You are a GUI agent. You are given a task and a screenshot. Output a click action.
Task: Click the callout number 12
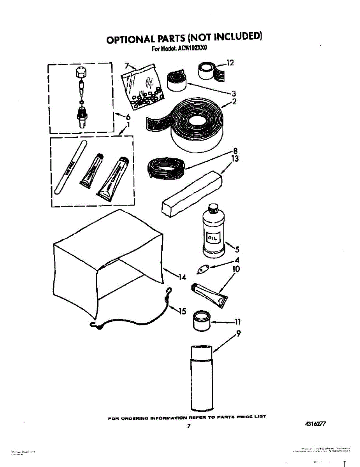pos(230,62)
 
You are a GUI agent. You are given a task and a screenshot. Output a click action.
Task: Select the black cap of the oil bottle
pos(213,209)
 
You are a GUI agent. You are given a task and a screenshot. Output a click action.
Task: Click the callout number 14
pos(182,277)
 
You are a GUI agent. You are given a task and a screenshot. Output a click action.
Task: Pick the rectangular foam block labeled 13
pos(192,193)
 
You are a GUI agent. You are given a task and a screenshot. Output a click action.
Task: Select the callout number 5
pos(237,250)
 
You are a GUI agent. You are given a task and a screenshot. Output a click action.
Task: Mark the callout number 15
pos(182,311)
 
